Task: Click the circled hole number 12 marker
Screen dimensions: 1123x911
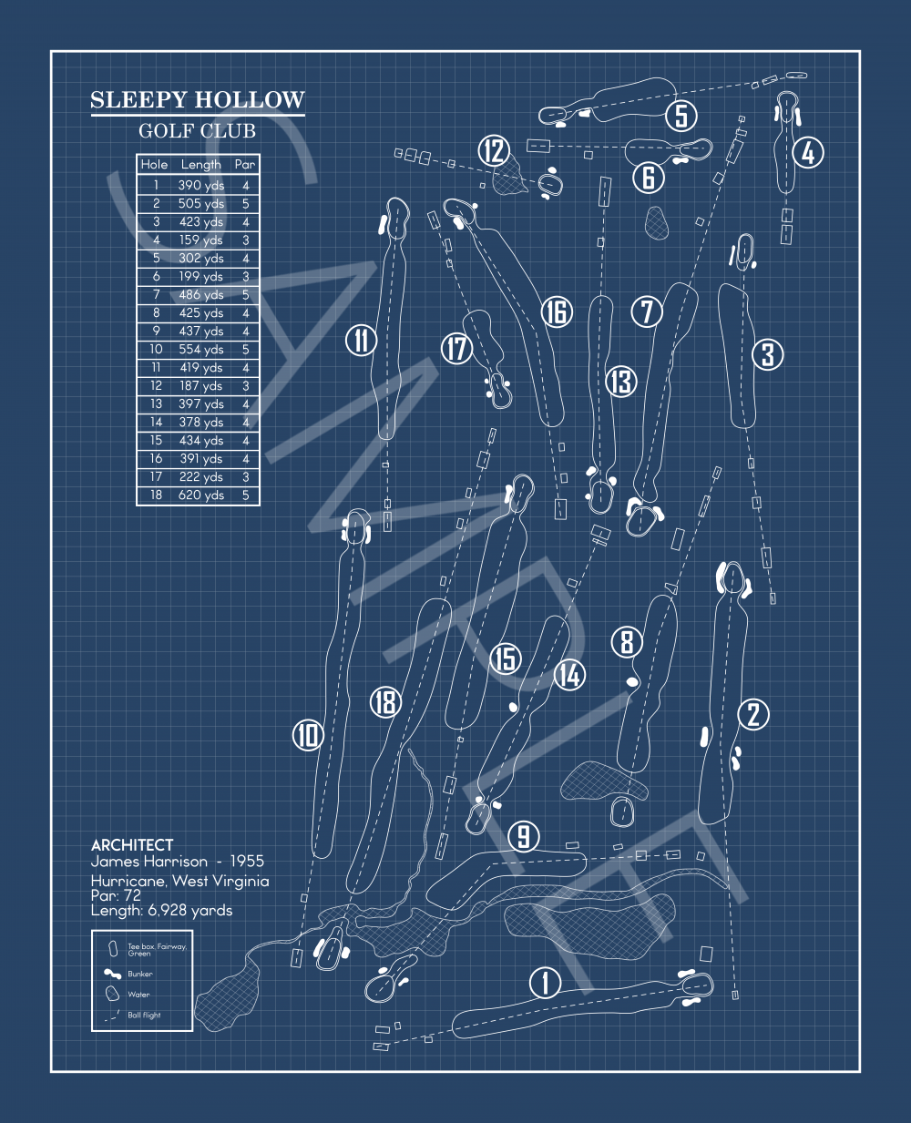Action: coord(494,150)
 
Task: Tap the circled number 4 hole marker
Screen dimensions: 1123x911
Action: coord(808,152)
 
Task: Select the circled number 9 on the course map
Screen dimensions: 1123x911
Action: coord(523,836)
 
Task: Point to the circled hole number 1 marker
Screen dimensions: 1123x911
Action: coord(545,983)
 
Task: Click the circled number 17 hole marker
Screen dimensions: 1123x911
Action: coord(457,347)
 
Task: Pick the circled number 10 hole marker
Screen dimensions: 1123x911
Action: coord(308,734)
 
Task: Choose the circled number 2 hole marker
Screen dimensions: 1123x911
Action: coord(753,714)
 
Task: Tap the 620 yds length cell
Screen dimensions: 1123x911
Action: coord(201,495)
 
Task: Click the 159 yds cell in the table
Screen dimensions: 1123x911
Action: coord(201,240)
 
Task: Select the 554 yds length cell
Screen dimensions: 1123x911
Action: coord(201,350)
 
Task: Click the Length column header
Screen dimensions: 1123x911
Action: coord(201,165)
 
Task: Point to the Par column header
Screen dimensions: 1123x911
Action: coord(245,165)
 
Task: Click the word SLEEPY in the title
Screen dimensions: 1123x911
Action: coord(138,100)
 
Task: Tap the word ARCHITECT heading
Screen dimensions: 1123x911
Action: coord(132,845)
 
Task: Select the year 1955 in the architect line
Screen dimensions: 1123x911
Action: coord(247,861)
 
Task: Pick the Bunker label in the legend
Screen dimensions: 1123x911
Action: coord(140,974)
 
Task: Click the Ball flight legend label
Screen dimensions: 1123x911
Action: coord(144,1015)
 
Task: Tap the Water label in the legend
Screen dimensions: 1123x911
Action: coord(138,995)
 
